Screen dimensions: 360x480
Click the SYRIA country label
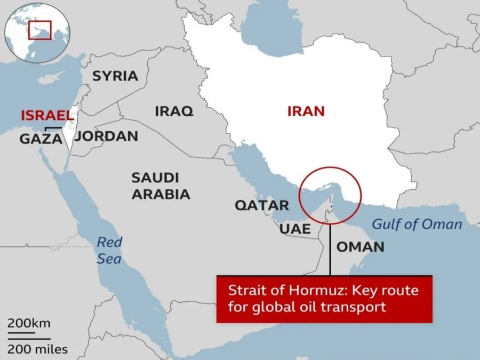(x=115, y=76)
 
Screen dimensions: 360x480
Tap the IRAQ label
(x=174, y=111)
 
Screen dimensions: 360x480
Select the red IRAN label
(x=306, y=111)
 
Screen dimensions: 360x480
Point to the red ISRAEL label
(x=46, y=115)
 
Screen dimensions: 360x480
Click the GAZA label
(x=41, y=139)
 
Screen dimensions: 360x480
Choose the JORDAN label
(x=107, y=136)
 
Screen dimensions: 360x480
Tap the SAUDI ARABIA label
(x=161, y=186)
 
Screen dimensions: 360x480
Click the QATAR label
(x=262, y=205)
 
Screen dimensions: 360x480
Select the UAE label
(x=295, y=229)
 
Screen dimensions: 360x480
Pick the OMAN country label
(x=360, y=246)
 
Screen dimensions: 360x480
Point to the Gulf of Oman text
(x=417, y=223)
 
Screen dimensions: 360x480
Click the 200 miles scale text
(x=37, y=349)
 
